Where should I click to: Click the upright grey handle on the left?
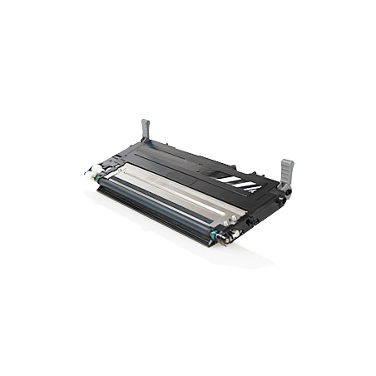tap(146, 132)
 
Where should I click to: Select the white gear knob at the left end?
tap(88, 174)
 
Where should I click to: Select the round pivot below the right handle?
tap(281, 200)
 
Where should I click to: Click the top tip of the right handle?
tap(288, 162)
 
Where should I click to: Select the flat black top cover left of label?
tap(179, 158)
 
